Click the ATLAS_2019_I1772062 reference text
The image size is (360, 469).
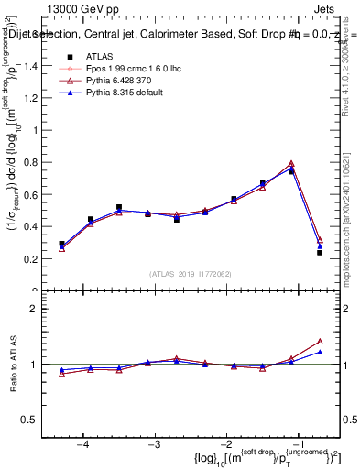coord(191,274)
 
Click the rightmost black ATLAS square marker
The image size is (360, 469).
coord(320,252)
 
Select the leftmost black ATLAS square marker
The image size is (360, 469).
coord(61,244)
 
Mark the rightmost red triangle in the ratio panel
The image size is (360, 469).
coord(320,341)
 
